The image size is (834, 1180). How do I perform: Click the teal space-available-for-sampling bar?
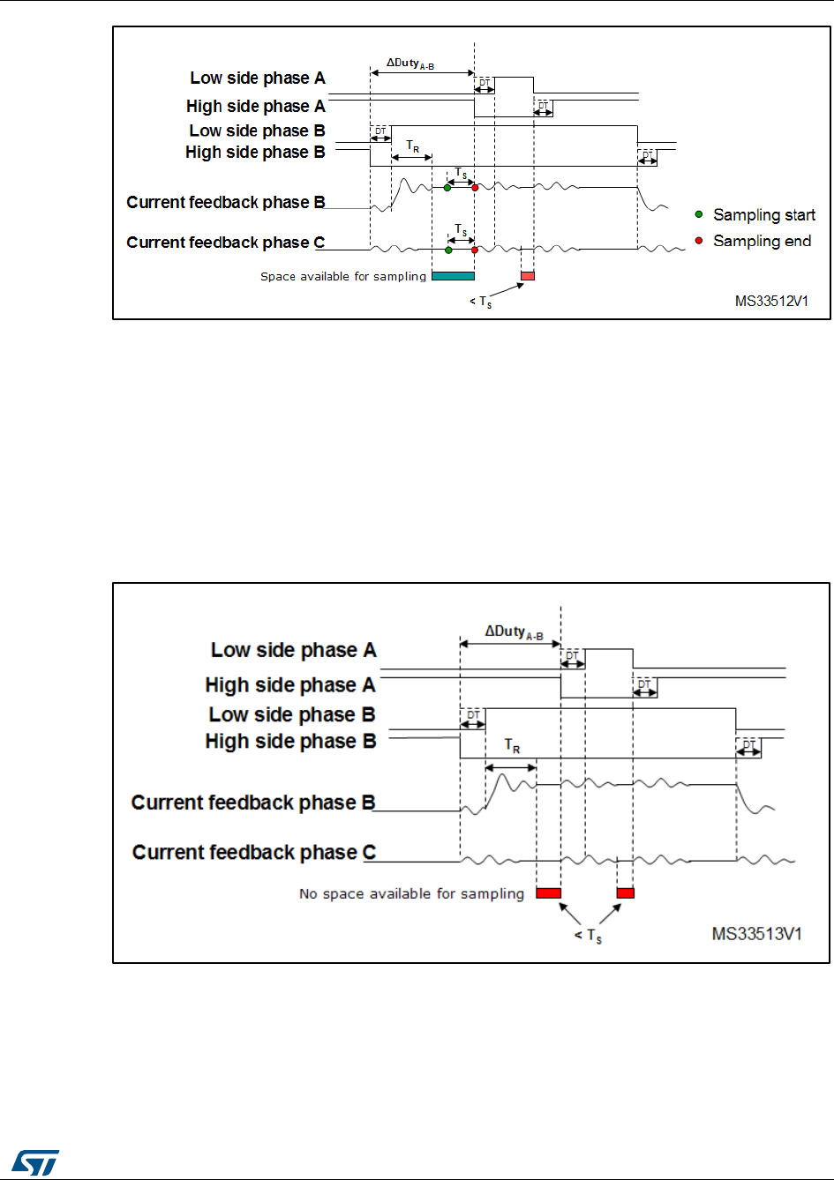click(x=453, y=276)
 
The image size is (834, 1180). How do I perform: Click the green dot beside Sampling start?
click(x=699, y=214)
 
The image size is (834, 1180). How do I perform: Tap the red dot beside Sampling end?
click(x=699, y=241)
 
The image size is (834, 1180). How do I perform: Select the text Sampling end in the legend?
click(x=762, y=241)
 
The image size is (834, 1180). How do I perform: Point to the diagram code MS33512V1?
click(x=771, y=301)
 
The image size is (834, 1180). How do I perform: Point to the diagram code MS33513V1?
click(x=757, y=932)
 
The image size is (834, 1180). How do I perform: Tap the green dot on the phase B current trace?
click(x=447, y=188)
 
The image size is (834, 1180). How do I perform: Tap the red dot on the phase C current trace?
click(x=475, y=250)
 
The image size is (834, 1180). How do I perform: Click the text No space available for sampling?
click(x=411, y=893)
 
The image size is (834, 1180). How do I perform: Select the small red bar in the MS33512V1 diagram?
click(x=528, y=276)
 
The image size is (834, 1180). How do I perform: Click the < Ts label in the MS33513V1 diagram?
click(x=589, y=936)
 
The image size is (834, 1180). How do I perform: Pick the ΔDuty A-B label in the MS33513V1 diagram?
click(x=514, y=631)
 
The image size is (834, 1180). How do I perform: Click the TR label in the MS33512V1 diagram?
click(x=412, y=146)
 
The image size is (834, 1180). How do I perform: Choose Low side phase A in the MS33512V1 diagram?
click(x=258, y=78)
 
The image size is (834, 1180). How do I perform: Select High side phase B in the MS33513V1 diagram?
click(x=290, y=742)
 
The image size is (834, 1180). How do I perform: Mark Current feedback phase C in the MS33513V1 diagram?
click(x=254, y=852)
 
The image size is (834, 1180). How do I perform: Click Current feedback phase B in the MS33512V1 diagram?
click(x=226, y=202)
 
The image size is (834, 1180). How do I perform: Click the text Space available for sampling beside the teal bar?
click(x=343, y=276)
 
